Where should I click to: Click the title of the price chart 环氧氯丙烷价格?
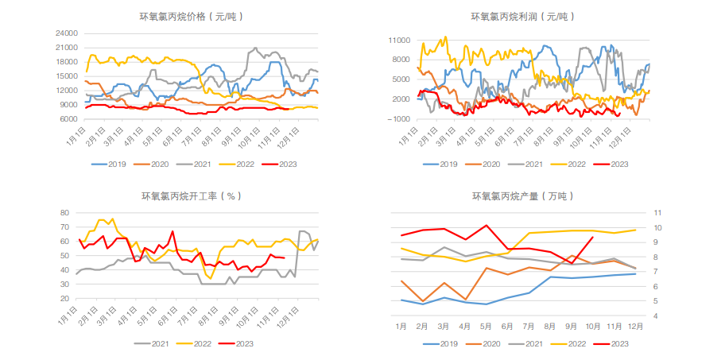pos(192,16)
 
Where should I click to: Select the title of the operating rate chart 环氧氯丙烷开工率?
pos(192,195)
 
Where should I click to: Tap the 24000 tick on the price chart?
pos(67,33)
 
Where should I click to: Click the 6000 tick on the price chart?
pos(69,119)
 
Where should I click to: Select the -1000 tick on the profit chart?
pos(399,119)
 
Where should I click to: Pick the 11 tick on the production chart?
pos(657,213)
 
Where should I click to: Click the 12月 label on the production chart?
pos(635,327)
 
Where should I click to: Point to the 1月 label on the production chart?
pos(401,327)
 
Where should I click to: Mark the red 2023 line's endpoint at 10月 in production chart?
pos(592,237)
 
